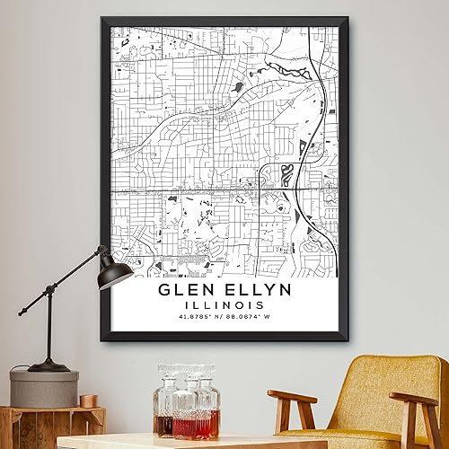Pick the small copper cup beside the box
(x=88, y=400)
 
